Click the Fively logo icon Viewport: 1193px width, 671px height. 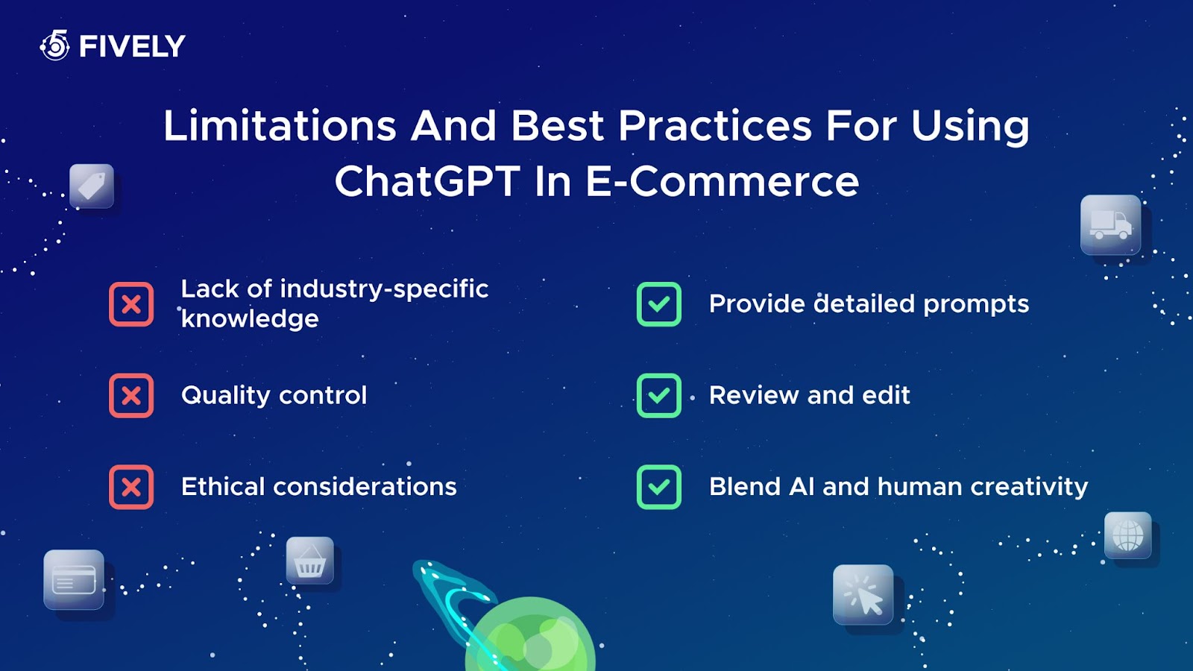[55, 45]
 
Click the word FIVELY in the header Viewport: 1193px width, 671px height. [132, 46]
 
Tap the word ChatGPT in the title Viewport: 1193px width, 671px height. [426, 181]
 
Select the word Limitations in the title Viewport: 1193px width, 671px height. [280, 126]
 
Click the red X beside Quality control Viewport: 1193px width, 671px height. [131, 396]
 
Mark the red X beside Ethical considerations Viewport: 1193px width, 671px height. [131, 488]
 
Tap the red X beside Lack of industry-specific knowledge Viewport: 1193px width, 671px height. [131, 304]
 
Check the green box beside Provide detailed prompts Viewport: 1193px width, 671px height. [659, 304]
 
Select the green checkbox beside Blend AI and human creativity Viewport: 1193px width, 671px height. [659, 488]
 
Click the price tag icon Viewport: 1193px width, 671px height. [92, 186]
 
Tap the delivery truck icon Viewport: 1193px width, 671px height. [1110, 224]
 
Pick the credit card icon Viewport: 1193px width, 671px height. [74, 579]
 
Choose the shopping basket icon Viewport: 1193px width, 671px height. [310, 560]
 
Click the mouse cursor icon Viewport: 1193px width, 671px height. [863, 594]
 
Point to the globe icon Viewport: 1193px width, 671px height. [1128, 535]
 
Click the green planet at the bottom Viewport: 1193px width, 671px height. [530, 637]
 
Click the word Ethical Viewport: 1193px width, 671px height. [223, 487]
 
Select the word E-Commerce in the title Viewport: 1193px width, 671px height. [722, 181]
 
